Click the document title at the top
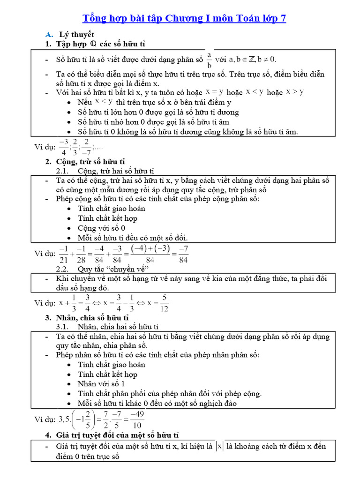click(184, 18)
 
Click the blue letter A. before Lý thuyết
click(48, 34)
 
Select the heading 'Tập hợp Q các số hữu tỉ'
click(101, 44)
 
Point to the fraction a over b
click(210, 59)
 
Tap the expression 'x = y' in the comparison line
click(214, 92)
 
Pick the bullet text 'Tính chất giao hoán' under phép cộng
click(112, 208)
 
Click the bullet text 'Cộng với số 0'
click(101, 228)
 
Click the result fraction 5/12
click(164, 302)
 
